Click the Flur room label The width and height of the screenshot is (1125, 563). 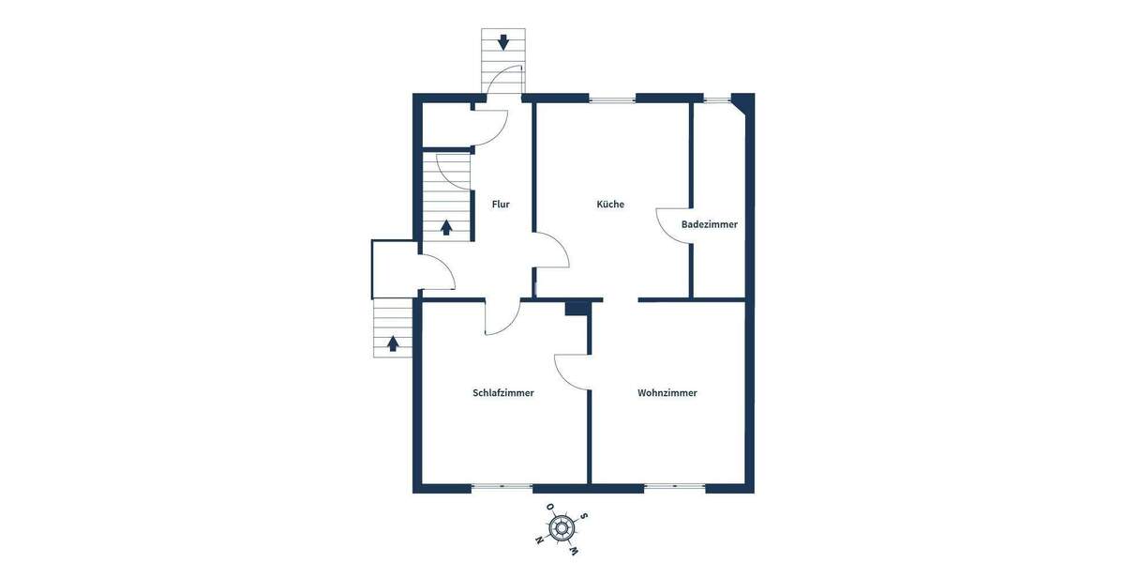pyautogui.click(x=501, y=204)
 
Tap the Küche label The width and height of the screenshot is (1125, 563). pyautogui.click(x=610, y=204)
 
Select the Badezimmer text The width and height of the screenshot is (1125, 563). pyautogui.click(x=709, y=224)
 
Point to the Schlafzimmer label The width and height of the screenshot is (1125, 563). pyautogui.click(x=503, y=393)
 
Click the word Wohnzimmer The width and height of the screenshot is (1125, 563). pyautogui.click(x=667, y=393)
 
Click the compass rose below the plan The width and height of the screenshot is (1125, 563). pyautogui.click(x=561, y=528)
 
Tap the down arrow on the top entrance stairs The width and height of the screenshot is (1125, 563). pyautogui.click(x=503, y=41)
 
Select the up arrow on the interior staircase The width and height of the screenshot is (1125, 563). pyautogui.click(x=446, y=226)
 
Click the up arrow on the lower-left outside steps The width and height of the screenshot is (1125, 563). pyautogui.click(x=393, y=343)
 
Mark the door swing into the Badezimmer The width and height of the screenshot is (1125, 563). pyautogui.click(x=673, y=225)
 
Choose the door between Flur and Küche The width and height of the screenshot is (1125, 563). pyautogui.click(x=551, y=251)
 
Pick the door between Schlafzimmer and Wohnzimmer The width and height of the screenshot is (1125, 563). pyautogui.click(x=573, y=372)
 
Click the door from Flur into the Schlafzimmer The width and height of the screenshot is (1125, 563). pyautogui.click(x=502, y=317)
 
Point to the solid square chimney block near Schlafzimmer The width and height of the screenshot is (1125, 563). pyautogui.click(x=577, y=308)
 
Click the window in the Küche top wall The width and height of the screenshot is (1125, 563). pyautogui.click(x=612, y=98)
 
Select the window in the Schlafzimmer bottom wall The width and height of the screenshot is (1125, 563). pyautogui.click(x=502, y=487)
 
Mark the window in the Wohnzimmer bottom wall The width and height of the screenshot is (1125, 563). pyautogui.click(x=675, y=487)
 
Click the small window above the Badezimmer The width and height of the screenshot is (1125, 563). pyautogui.click(x=718, y=98)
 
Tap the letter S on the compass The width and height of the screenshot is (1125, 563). pyautogui.click(x=584, y=515)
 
